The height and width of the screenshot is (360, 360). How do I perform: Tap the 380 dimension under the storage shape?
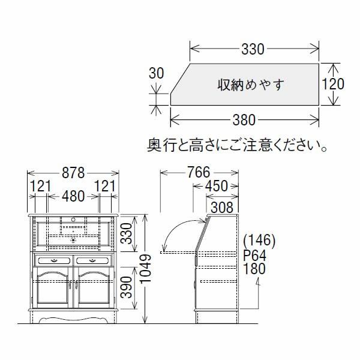tap(245, 120)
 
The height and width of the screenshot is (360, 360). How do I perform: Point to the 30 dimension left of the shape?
tap(156, 74)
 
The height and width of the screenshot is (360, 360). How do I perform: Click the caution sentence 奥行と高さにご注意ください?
tap(238, 146)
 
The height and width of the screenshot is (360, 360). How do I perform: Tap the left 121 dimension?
tap(41, 186)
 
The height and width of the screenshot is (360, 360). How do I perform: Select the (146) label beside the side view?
tap(259, 241)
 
